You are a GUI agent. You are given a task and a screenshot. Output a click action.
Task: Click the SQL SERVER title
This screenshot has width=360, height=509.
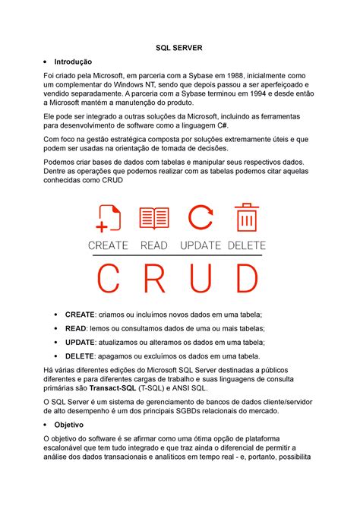pos(180,48)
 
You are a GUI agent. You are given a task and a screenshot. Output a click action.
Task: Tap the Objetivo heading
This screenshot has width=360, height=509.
pos(68,424)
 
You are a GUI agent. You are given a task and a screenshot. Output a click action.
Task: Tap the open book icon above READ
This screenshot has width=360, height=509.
pos(154,219)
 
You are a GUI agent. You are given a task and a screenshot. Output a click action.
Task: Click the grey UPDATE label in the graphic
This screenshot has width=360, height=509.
pos(201,245)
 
